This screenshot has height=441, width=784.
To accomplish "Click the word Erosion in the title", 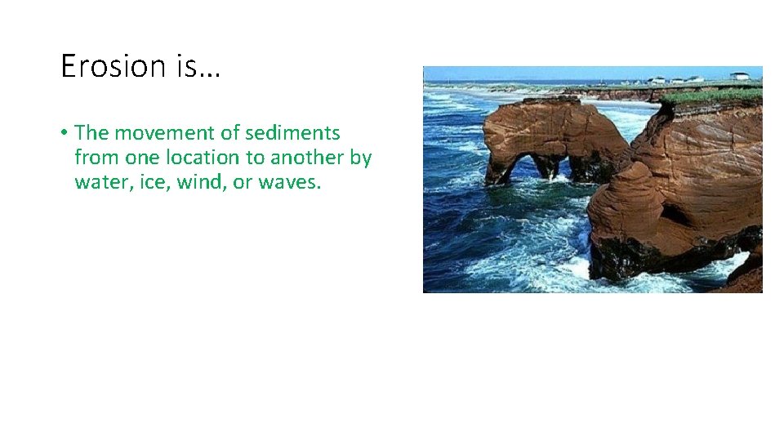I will tap(113, 65).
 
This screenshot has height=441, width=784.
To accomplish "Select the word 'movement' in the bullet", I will tap(161, 132).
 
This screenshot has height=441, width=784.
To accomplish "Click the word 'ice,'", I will tap(149, 181).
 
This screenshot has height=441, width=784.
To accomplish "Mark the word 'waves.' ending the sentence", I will tap(290, 181).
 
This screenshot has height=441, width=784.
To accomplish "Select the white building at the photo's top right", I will tap(739, 76).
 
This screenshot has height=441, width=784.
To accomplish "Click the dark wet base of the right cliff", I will tap(653, 257).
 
